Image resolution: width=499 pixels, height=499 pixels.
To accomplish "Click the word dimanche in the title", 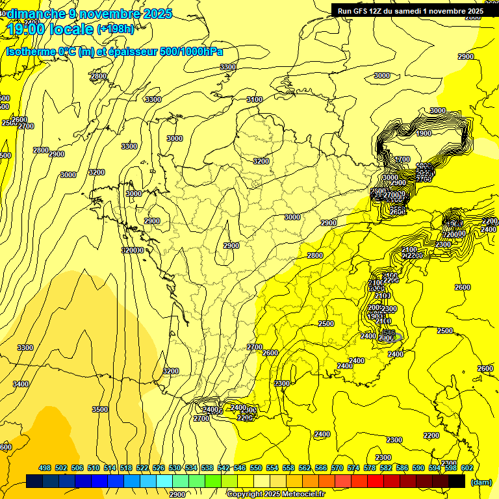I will click(36, 14).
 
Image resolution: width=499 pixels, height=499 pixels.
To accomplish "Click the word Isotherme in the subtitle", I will click(31, 52).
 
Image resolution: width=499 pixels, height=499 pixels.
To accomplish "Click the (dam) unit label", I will click(481, 482).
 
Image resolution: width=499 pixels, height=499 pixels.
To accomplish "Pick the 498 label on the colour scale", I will click(45, 468).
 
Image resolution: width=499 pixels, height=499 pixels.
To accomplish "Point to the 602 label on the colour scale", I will click(467, 468).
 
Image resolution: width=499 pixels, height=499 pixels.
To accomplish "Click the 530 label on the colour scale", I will click(175, 468).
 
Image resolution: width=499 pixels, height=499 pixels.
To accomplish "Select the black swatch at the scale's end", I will click(457, 481).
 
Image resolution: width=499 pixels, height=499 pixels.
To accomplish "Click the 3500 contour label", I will click(100, 409).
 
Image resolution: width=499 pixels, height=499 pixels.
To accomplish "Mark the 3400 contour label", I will click(21, 384).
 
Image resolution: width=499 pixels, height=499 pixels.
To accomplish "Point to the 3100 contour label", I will click(254, 99).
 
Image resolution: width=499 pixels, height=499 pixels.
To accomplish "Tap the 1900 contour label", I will click(424, 133).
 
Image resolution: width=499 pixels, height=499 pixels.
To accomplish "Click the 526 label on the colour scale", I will click(159, 468).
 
